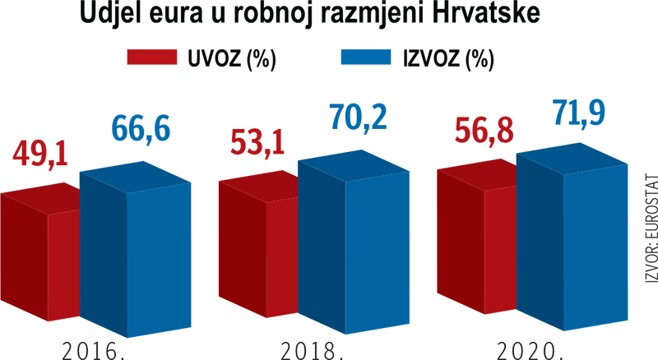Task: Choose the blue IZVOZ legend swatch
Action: pos(364,59)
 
